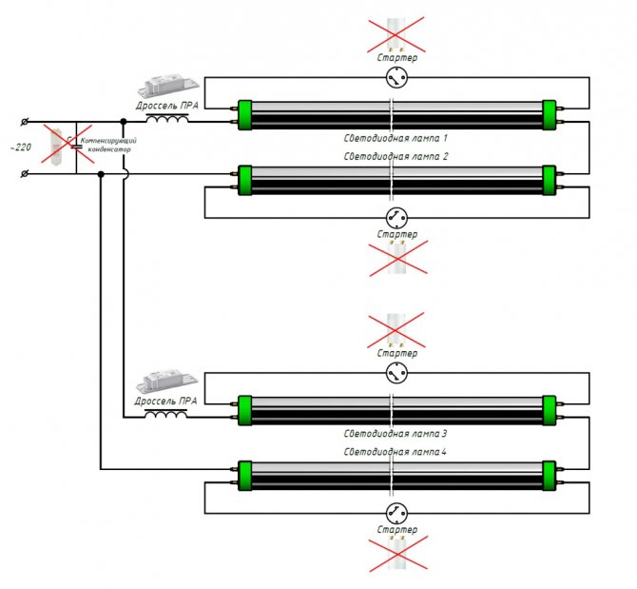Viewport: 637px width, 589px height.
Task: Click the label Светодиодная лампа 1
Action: point(396,138)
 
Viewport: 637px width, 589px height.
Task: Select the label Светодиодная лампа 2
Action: point(396,156)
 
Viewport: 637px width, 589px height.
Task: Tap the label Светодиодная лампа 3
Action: point(396,434)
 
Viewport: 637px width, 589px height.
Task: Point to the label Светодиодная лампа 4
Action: point(395,452)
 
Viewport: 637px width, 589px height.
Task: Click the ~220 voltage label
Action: point(20,147)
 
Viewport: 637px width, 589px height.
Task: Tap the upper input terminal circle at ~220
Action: point(25,122)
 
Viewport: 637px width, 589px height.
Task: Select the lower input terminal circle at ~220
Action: point(25,174)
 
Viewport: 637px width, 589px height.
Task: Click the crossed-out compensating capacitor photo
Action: point(56,145)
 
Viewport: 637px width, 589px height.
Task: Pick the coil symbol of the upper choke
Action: point(167,118)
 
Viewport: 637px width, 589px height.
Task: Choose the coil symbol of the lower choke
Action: point(165,414)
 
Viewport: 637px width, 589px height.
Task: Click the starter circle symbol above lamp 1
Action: point(396,77)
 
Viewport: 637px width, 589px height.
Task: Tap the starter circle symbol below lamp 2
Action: point(396,218)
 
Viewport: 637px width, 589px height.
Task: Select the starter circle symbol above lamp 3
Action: point(396,373)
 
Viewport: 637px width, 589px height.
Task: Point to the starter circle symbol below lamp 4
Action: point(396,514)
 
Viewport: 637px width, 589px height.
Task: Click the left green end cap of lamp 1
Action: point(244,115)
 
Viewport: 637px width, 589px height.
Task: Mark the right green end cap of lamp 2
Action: point(550,180)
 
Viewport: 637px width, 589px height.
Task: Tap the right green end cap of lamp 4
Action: point(550,476)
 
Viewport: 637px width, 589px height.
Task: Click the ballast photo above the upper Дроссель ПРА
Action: point(168,86)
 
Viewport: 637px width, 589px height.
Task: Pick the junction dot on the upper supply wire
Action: point(124,122)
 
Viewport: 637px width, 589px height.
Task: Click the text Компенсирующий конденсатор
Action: point(109,146)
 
